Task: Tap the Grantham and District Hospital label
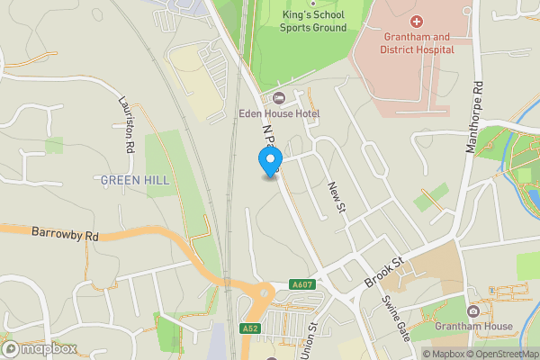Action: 416,43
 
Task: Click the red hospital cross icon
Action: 416,21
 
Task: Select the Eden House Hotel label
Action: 278,113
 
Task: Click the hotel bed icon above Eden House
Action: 278,98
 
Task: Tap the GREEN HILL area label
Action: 134,180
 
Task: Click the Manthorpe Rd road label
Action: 474,117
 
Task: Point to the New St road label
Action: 337,197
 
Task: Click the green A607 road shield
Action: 302,285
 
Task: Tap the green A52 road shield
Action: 250,329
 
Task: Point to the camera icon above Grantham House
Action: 472,311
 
